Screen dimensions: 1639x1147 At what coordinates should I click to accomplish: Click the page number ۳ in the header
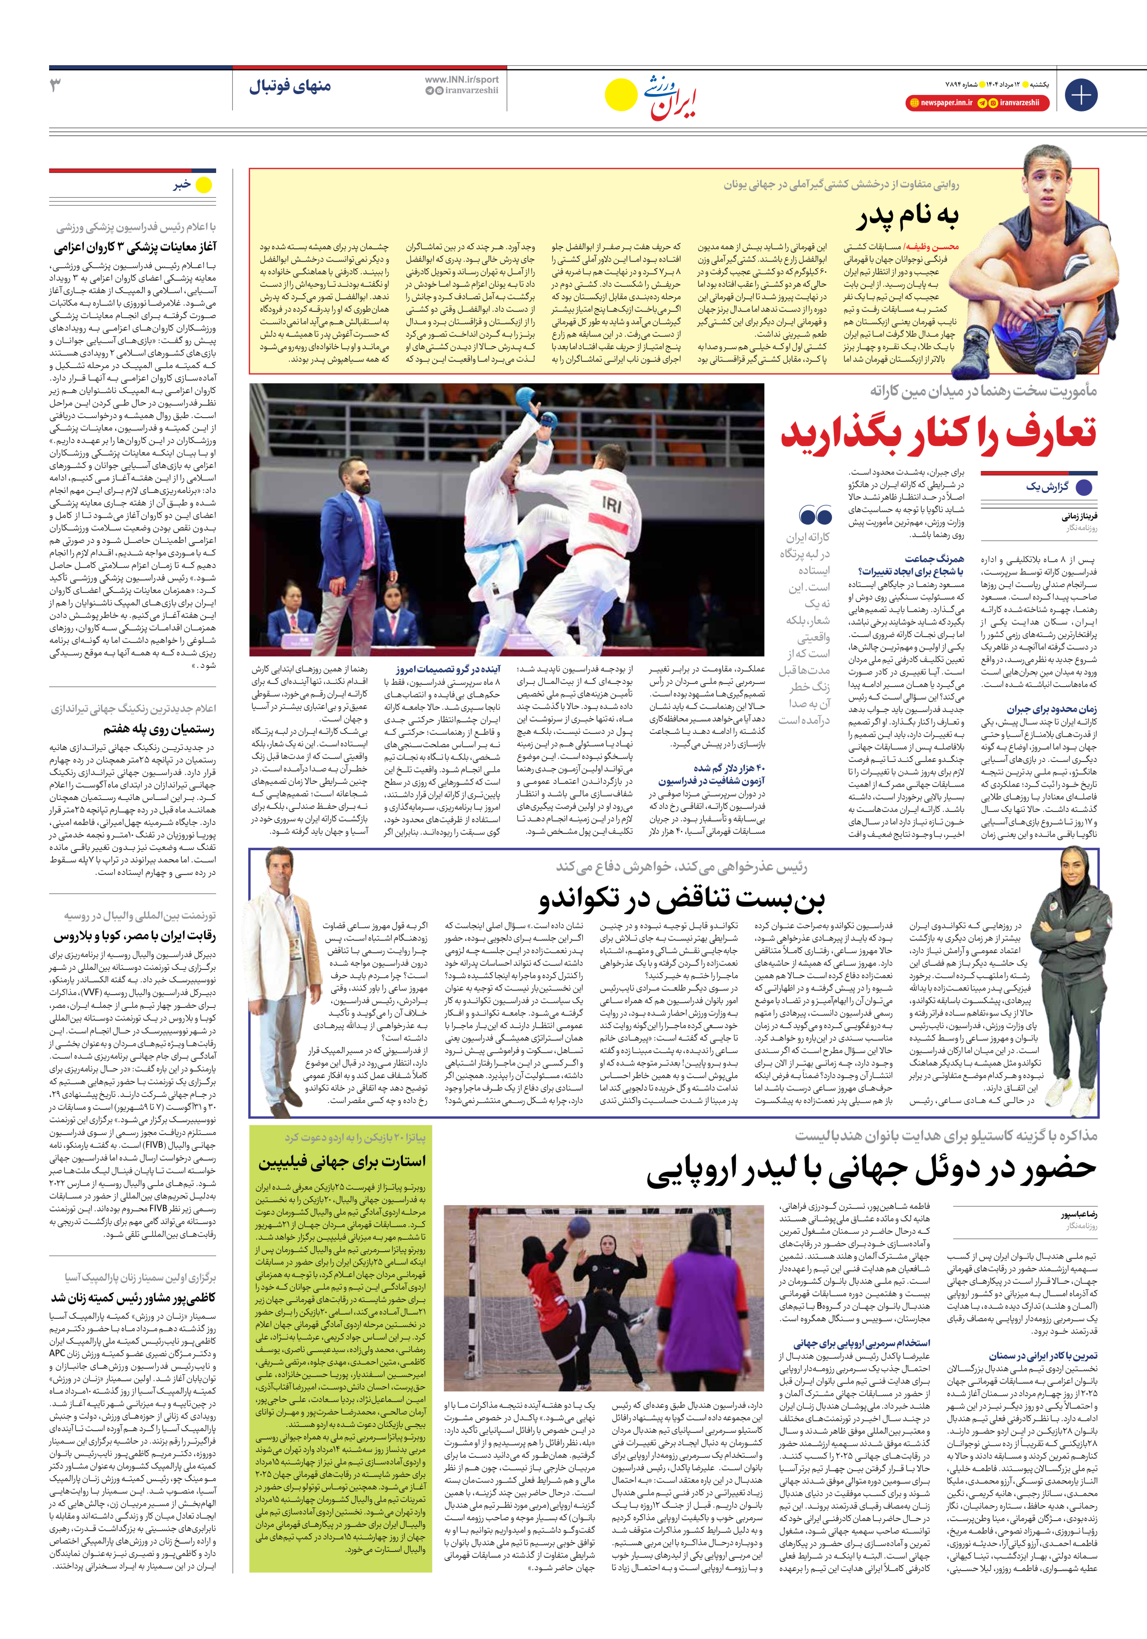pyautogui.click(x=56, y=86)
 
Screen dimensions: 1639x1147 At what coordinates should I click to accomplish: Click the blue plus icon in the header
pyautogui.click(x=1080, y=95)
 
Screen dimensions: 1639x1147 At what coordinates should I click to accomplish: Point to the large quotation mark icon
pyautogui.click(x=815, y=515)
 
